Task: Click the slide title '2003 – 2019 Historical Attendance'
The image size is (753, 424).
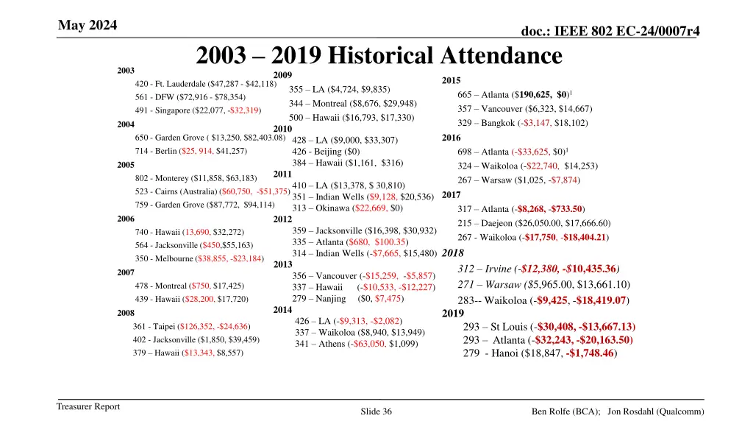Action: pyautogui.click(x=379, y=55)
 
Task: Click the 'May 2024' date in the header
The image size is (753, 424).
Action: pyautogui.click(x=88, y=26)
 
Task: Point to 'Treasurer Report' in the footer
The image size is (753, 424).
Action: pyautogui.click(x=88, y=406)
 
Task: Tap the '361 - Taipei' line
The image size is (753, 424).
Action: pyautogui.click(x=190, y=326)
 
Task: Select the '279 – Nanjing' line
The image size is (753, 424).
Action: pyautogui.click(x=348, y=298)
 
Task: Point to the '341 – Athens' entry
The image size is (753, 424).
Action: pyautogui.click(x=356, y=344)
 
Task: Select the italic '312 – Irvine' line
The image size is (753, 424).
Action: pyautogui.click(x=538, y=268)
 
